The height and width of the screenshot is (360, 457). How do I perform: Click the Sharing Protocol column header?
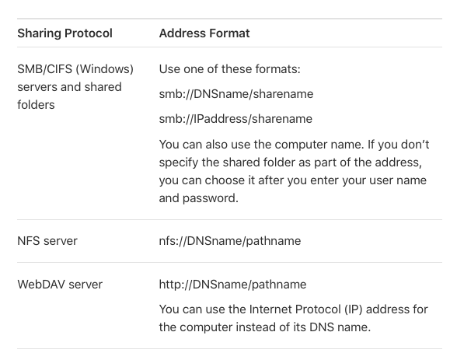tap(65, 33)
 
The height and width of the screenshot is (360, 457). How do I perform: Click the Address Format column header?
tap(204, 33)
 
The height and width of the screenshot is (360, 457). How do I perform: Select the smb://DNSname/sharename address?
tap(236, 94)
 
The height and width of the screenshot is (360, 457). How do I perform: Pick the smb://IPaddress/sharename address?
tap(235, 119)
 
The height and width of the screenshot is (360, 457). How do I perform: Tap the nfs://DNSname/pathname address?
tap(230, 241)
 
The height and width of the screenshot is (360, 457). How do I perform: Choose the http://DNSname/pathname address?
tap(232, 285)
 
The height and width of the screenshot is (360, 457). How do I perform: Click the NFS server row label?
tap(47, 241)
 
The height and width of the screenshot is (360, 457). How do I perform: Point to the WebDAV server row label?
tap(60, 285)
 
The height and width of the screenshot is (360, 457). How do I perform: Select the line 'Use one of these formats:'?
tap(230, 69)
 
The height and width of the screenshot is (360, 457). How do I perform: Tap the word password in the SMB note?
tap(210, 198)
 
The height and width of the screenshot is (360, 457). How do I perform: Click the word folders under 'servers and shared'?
tap(36, 105)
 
